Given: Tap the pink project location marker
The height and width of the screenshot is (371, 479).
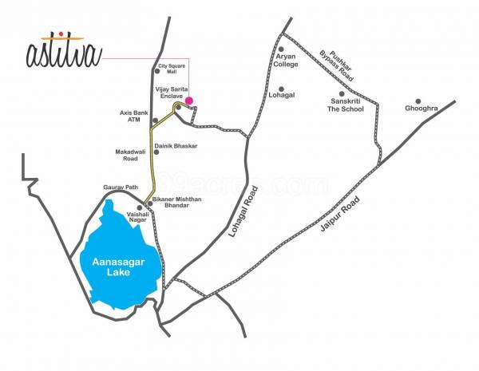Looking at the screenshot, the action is (x=189, y=101).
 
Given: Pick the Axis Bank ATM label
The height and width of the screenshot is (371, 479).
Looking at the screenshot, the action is (x=129, y=116).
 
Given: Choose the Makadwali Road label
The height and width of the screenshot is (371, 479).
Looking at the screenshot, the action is (x=130, y=155).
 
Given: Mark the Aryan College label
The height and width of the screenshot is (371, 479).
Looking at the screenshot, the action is (x=286, y=61).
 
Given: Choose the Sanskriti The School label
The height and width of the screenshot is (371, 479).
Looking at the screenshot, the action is (x=346, y=107).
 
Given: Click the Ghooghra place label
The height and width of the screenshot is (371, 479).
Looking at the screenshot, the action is (x=421, y=108).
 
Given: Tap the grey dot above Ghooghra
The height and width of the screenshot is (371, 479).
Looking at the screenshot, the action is (x=417, y=101).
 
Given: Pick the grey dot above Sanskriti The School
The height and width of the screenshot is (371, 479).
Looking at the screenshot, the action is (x=340, y=94).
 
